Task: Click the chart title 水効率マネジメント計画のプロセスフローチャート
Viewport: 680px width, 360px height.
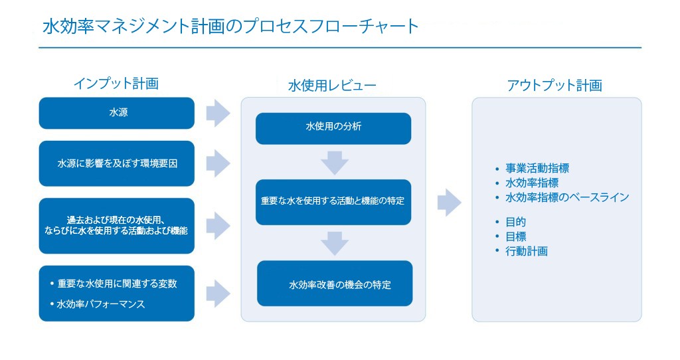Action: (230, 27)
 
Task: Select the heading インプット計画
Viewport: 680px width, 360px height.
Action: (116, 83)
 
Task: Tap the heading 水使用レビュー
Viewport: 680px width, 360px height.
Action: (332, 86)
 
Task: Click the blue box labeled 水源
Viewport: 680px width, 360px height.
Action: (117, 113)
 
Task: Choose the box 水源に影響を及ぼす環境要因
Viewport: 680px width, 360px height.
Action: (117, 163)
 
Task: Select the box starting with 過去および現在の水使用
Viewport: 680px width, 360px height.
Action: (117, 226)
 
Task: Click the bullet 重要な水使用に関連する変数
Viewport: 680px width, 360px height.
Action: (117, 284)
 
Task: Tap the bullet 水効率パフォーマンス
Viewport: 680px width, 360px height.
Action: (100, 305)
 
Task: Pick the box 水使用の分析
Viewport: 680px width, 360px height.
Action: (333, 128)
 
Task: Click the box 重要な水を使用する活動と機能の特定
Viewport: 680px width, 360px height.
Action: (333, 201)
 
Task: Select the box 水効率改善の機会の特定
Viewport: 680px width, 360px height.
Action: (335, 284)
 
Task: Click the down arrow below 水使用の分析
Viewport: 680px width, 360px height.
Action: (334, 162)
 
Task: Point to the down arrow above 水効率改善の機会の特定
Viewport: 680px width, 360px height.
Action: (334, 242)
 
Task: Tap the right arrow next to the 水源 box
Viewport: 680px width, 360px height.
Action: (217, 114)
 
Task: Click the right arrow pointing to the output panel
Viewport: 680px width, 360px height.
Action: (449, 203)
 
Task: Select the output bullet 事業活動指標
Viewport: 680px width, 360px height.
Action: (537, 169)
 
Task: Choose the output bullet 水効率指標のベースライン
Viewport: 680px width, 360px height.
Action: (566, 197)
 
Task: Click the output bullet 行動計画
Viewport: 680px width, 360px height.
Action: (526, 251)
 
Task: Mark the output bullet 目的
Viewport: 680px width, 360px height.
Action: (515, 222)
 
